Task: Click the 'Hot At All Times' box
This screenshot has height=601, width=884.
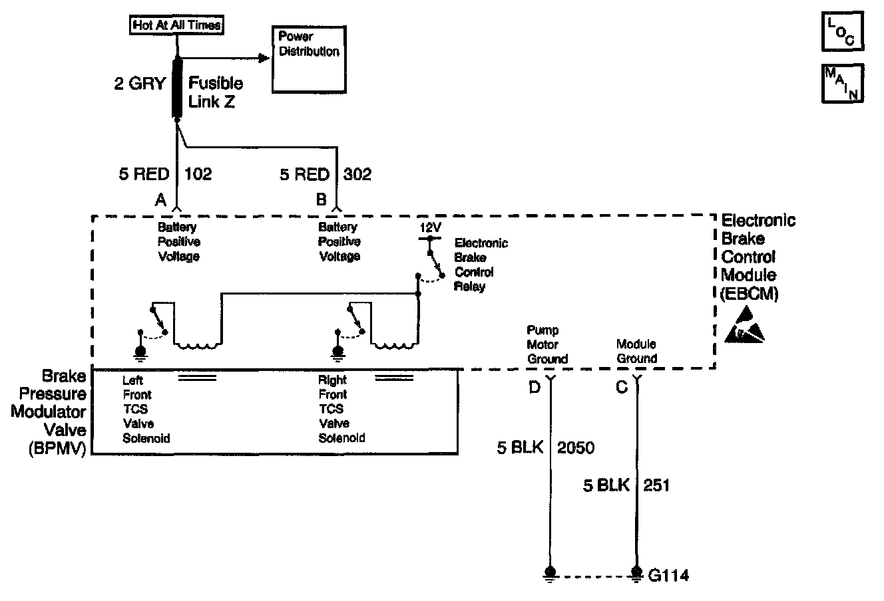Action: pyautogui.click(x=176, y=25)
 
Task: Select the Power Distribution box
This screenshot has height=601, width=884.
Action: pyautogui.click(x=309, y=60)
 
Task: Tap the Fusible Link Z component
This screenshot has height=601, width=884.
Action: pyautogui.click(x=177, y=88)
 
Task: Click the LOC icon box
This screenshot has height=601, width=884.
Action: pyautogui.click(x=843, y=31)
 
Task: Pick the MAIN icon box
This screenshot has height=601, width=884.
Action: pyautogui.click(x=843, y=84)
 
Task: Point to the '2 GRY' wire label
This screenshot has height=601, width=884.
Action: pyautogui.click(x=140, y=84)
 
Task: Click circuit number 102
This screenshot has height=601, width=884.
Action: pyautogui.click(x=198, y=174)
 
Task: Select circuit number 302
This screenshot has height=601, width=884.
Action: pyautogui.click(x=357, y=174)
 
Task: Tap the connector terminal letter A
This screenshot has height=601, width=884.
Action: pyautogui.click(x=160, y=200)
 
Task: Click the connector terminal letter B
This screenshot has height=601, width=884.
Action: pyautogui.click(x=322, y=199)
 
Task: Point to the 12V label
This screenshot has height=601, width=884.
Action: pyautogui.click(x=430, y=227)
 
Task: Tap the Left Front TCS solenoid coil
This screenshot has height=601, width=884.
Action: pyautogui.click(x=197, y=345)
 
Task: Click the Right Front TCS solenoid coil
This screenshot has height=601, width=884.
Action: pyautogui.click(x=394, y=345)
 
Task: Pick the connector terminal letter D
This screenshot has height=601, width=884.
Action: pyautogui.click(x=535, y=387)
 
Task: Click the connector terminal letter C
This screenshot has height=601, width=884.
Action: pyautogui.click(x=622, y=387)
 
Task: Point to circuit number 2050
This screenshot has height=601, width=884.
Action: pyautogui.click(x=576, y=447)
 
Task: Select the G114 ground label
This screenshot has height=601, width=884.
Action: pyautogui.click(x=668, y=576)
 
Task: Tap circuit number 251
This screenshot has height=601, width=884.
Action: pyautogui.click(x=656, y=485)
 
